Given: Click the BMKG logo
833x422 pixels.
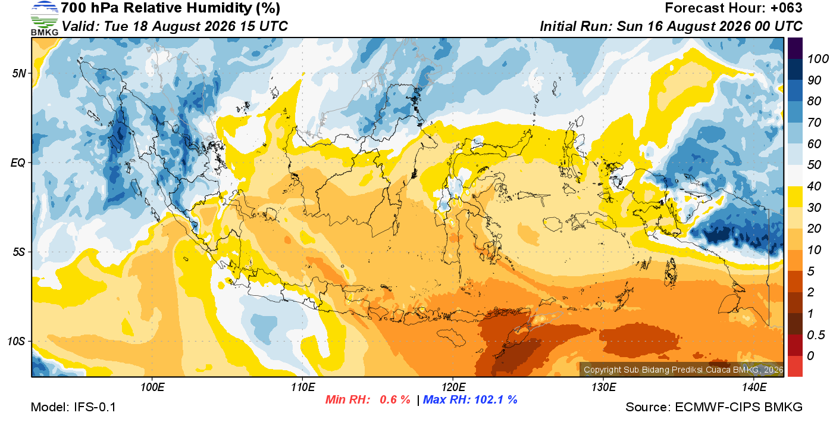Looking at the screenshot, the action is point(44,18).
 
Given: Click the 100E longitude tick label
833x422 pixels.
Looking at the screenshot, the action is point(152,387).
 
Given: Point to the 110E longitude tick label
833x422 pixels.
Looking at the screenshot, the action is point(302,387).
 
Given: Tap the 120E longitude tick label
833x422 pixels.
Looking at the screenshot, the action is point(453,387).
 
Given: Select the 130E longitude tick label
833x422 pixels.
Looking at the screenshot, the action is point(603,387).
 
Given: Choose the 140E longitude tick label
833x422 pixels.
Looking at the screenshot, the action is point(754,387).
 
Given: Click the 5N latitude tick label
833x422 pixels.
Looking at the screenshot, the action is point(19,73).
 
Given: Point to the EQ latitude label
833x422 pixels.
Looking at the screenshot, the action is point(18,163).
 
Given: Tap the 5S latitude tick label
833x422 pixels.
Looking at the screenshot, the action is point(19,252).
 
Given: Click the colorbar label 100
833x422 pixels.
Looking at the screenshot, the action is point(818,59).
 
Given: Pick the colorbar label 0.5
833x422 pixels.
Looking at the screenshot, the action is point(816,335).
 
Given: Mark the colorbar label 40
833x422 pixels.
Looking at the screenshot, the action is point(814,186).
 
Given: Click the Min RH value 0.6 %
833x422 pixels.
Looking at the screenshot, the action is point(395,399).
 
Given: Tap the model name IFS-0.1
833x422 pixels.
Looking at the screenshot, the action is point(95,407).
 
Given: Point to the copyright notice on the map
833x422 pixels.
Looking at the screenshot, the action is point(683,370).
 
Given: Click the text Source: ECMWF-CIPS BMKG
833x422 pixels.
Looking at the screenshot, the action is point(713,407).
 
